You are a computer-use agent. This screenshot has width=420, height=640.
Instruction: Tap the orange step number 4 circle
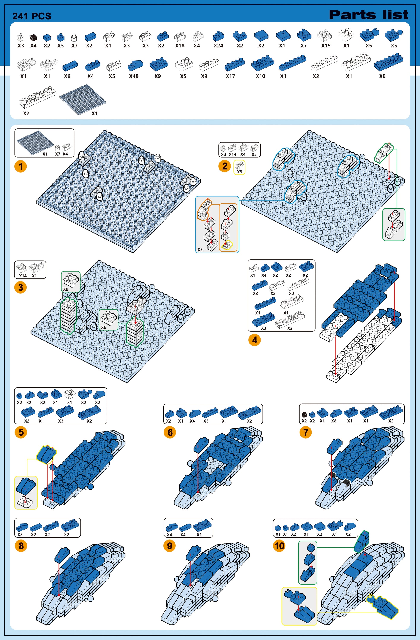pyautogui.click(x=254, y=340)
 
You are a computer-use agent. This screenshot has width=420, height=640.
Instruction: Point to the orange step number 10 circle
pyautogui.click(x=279, y=546)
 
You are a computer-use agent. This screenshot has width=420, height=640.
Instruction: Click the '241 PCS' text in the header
pyautogui.click(x=32, y=16)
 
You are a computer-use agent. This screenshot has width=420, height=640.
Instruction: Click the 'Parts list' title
pyautogui.click(x=369, y=15)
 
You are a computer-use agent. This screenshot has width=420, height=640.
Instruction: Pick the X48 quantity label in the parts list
pyautogui.click(x=134, y=76)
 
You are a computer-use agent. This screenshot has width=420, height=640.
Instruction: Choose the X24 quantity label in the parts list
pyautogui.click(x=218, y=46)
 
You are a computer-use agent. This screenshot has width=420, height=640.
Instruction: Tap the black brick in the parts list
pyautogui.click(x=33, y=37)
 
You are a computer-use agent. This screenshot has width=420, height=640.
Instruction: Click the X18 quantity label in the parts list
pyautogui.click(x=180, y=46)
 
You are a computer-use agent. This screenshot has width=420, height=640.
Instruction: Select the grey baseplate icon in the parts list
pyautogui.click(x=83, y=99)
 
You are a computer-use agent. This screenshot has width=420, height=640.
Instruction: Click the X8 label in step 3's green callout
pyautogui.click(x=66, y=289)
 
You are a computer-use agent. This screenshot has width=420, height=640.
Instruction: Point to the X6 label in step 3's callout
pyautogui.click(x=104, y=327)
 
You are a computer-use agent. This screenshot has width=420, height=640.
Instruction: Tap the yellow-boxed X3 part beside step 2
pyautogui.click(x=239, y=167)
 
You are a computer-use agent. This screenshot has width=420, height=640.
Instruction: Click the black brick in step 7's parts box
pyautogui.click(x=304, y=414)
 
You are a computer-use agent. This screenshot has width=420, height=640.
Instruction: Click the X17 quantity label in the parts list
pyautogui.click(x=230, y=76)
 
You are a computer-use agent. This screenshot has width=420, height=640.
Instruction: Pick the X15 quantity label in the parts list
pyautogui.click(x=326, y=46)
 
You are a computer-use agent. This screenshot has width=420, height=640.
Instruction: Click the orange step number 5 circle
pyautogui.click(x=21, y=432)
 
